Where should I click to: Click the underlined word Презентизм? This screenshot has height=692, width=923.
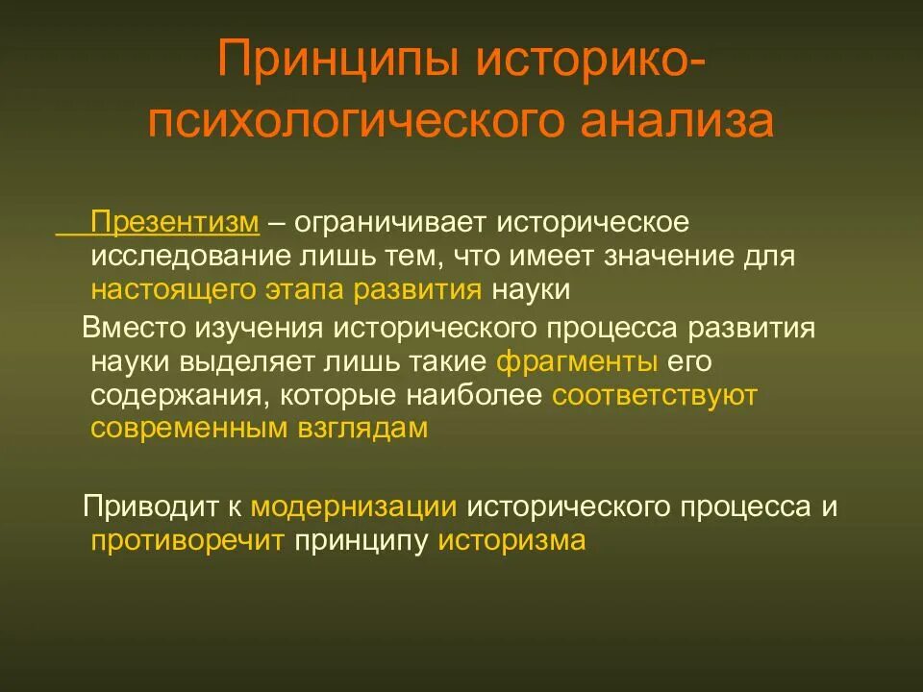175,223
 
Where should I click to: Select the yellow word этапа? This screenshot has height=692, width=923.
310,290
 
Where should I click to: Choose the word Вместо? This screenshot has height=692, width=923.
137,328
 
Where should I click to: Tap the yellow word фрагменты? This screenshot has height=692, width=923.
577,362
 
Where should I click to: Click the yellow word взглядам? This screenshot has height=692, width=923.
360,429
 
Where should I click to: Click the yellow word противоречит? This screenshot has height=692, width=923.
187,540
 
